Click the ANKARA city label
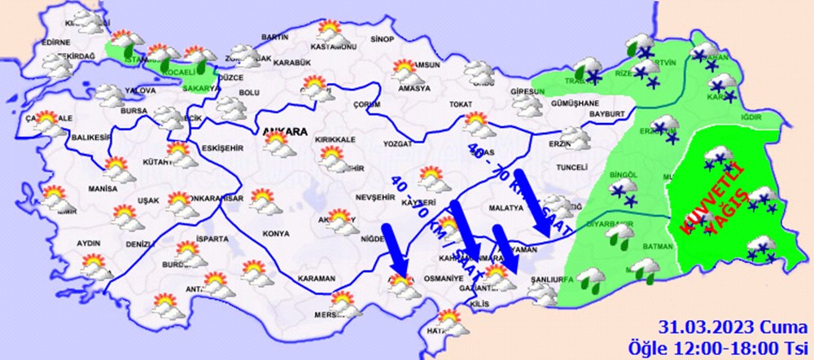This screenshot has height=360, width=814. click(285, 130)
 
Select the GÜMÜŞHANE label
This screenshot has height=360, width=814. click(575, 104)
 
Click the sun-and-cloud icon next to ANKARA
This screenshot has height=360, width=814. click(278, 147)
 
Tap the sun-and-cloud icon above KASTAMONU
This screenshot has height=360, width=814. click(331, 33)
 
